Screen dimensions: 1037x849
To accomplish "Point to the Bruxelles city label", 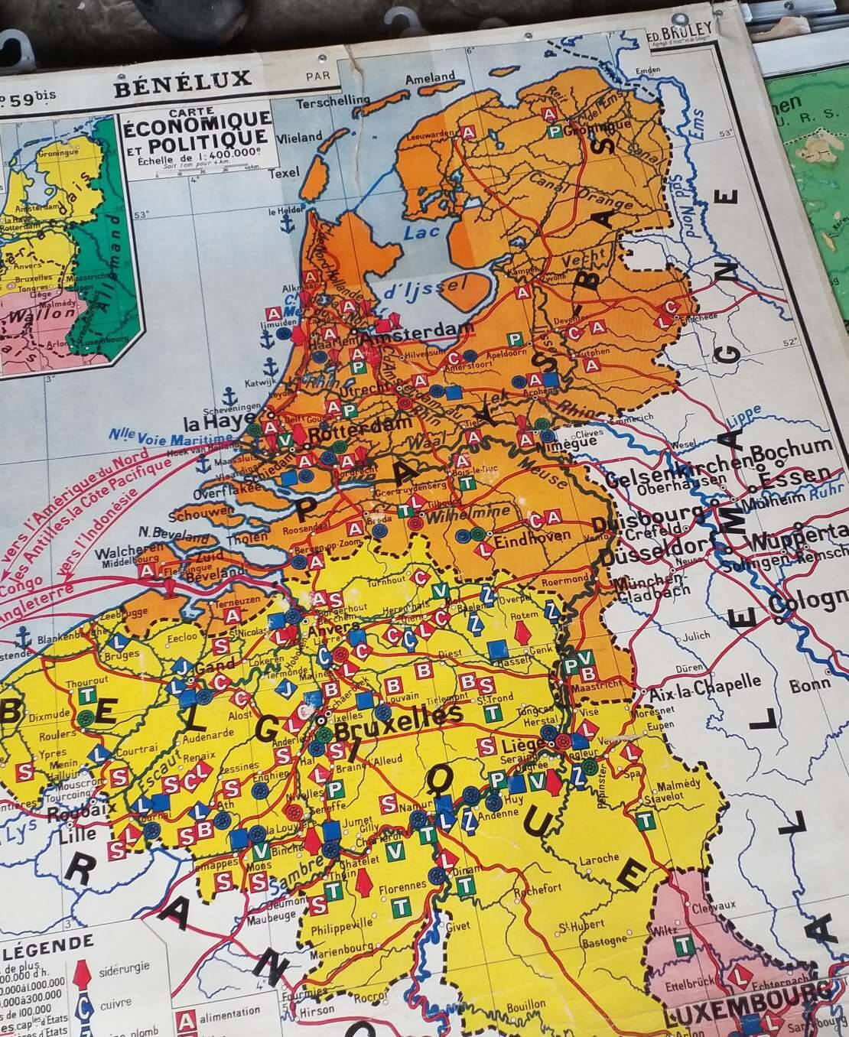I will (399, 721).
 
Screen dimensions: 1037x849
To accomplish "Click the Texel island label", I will (285, 174).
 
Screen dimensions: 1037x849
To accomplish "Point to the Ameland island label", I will (430, 79).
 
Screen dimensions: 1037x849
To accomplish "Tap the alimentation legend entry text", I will (229, 1012).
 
